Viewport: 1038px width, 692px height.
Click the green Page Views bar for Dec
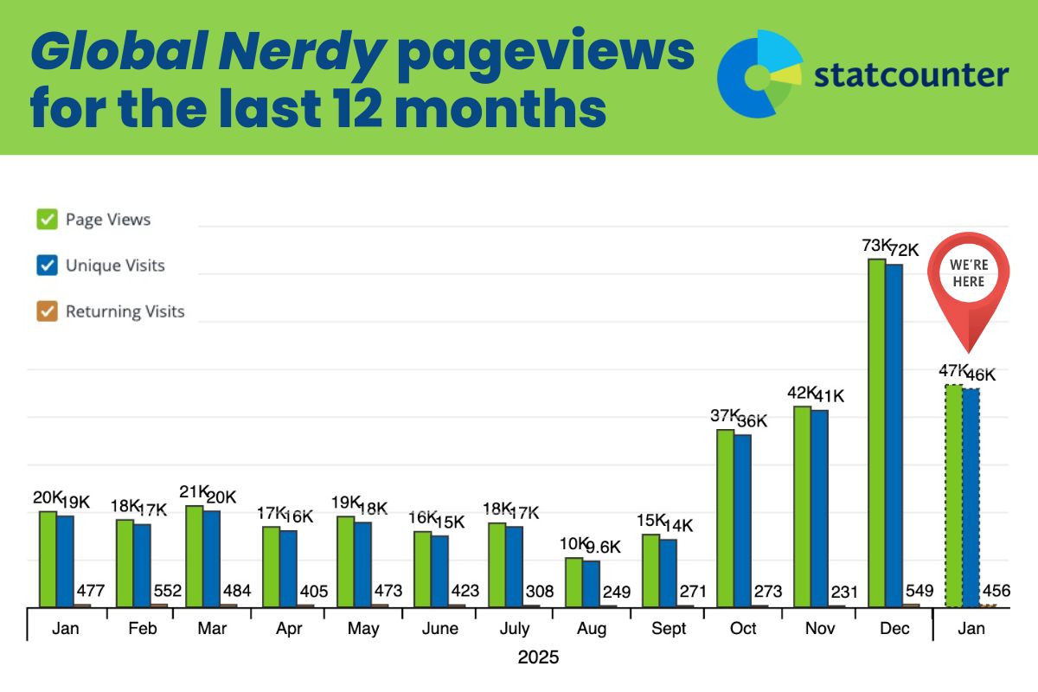[x=876, y=432]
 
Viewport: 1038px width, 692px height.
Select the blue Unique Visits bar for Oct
[x=742, y=520]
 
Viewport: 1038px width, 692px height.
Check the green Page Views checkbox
[x=47, y=220]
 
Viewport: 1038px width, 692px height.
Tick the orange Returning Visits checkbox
[x=47, y=311]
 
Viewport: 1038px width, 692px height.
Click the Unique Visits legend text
[x=115, y=266]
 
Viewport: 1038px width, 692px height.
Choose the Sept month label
[x=668, y=629]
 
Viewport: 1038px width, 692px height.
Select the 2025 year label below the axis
[x=538, y=657]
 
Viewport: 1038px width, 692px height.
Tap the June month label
[x=439, y=629]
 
